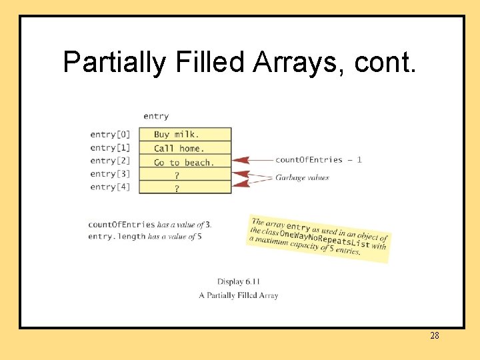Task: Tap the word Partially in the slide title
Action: (114, 62)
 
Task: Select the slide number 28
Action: (434, 335)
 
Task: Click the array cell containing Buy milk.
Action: (185, 134)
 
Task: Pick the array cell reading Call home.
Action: (185, 148)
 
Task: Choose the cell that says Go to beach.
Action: (185, 162)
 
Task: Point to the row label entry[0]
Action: (110, 134)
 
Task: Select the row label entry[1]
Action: (110, 147)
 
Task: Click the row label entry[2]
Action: (110, 161)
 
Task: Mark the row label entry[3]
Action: (110, 174)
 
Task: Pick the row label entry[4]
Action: (110, 187)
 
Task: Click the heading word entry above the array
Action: (156, 117)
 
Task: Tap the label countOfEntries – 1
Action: (319, 160)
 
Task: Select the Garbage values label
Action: (302, 177)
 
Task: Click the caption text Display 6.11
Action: (239, 281)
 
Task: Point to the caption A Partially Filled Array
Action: (239, 295)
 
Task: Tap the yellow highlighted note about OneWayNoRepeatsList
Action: (318, 237)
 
